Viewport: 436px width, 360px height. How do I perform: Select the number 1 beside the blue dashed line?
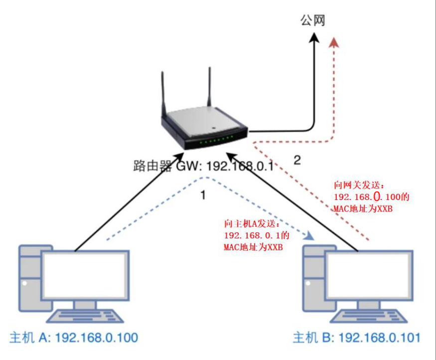202,195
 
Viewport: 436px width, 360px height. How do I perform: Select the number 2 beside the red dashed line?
297,161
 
